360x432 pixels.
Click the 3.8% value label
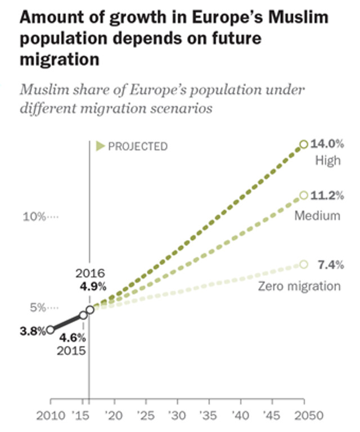32,331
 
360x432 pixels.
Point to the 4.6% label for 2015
73,338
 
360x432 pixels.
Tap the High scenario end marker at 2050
304,145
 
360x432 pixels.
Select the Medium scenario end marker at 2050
304,195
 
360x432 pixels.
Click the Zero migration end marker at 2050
304,264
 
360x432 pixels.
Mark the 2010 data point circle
51,330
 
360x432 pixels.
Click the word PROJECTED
138,147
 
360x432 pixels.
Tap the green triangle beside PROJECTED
100,147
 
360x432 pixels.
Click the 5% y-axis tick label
37,308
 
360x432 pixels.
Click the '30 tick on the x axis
177,416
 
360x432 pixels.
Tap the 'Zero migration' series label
299,286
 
